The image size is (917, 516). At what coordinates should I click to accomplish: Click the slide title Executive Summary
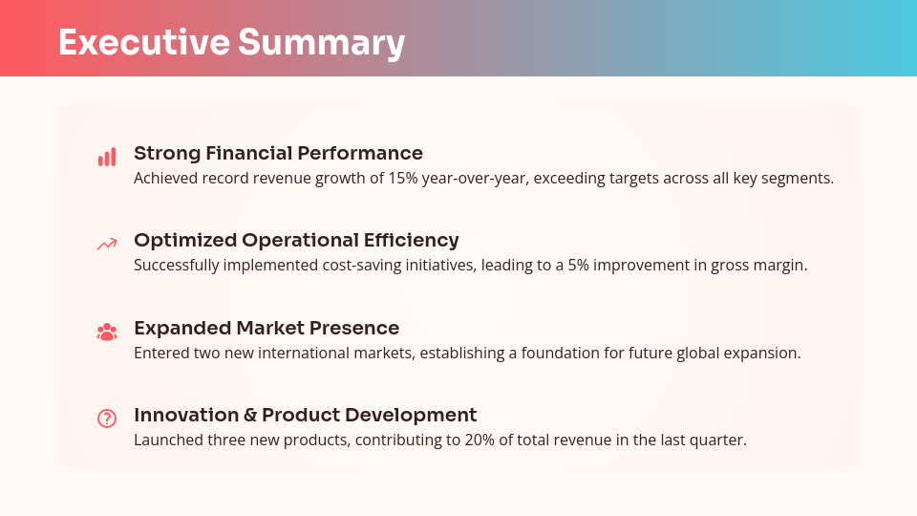(x=231, y=43)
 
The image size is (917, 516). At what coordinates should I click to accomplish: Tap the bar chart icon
(x=107, y=158)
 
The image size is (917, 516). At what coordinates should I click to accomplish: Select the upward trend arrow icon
(x=107, y=245)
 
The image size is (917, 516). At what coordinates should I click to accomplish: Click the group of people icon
(x=107, y=332)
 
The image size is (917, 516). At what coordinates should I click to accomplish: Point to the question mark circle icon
(x=107, y=419)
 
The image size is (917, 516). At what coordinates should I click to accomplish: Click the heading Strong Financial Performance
(x=278, y=153)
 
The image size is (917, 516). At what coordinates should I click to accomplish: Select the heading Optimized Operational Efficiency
(x=296, y=240)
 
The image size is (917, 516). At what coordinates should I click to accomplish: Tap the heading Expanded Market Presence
(x=267, y=328)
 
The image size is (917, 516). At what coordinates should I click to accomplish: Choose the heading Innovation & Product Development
(x=305, y=415)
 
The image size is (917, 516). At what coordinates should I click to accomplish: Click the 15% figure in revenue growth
(x=402, y=179)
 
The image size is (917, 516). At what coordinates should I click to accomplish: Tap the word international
(x=310, y=353)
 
